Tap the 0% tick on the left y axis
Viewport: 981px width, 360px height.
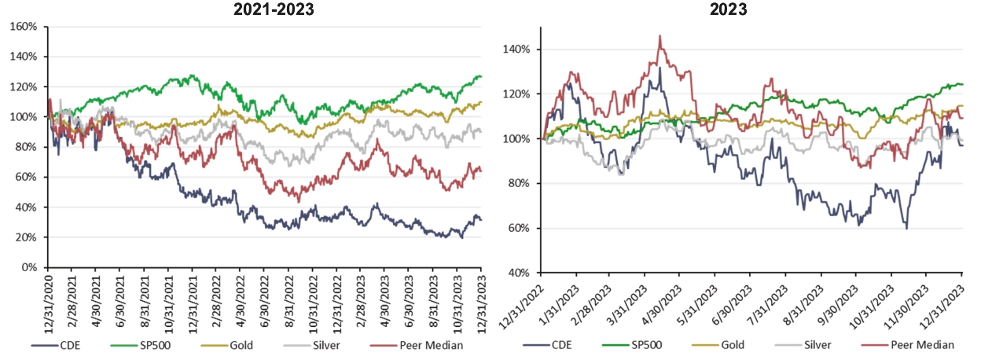[30, 267]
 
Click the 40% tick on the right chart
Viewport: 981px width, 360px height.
[522, 273]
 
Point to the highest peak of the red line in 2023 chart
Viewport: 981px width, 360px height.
[660, 36]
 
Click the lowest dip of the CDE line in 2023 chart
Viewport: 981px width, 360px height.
[906, 228]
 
